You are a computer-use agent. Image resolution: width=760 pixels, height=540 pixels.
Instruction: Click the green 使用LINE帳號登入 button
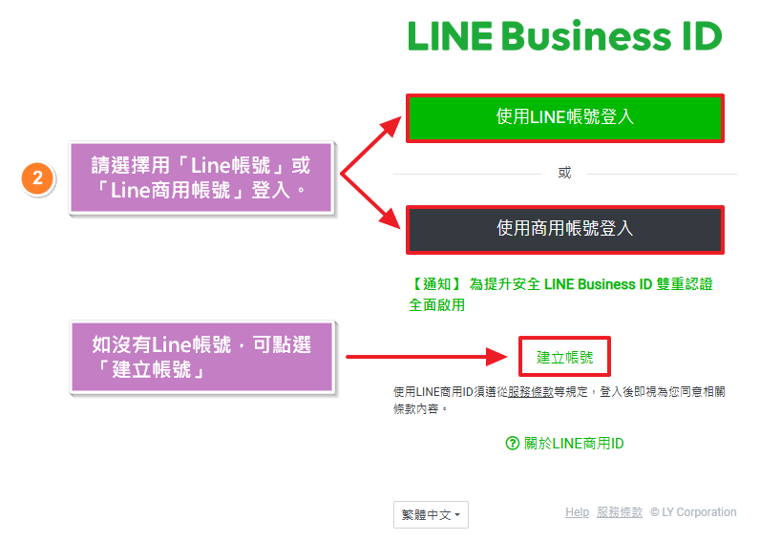pyautogui.click(x=565, y=117)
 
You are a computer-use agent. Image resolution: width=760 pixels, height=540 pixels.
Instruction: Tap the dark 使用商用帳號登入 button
pyautogui.click(x=565, y=229)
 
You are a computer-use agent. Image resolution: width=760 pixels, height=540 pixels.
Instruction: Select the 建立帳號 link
pyautogui.click(x=564, y=358)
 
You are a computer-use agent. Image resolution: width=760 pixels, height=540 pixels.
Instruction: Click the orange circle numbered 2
pyautogui.click(x=37, y=178)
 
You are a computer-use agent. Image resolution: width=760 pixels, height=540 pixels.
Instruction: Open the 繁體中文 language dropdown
pyautogui.click(x=431, y=515)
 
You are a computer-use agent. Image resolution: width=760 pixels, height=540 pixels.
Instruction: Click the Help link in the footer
pyautogui.click(x=577, y=512)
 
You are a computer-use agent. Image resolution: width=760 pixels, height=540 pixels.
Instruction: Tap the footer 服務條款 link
pyautogui.click(x=620, y=512)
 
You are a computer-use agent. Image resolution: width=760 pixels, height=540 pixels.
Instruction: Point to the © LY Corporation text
pyautogui.click(x=693, y=512)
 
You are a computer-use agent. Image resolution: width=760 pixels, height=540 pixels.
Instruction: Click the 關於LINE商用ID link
pyautogui.click(x=574, y=444)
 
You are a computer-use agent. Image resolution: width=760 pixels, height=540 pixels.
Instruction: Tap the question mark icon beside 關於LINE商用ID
pyautogui.click(x=513, y=444)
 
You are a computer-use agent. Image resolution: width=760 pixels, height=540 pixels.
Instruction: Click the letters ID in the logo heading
pyautogui.click(x=699, y=36)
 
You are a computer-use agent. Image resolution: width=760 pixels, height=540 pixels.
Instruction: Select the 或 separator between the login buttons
pyautogui.click(x=564, y=173)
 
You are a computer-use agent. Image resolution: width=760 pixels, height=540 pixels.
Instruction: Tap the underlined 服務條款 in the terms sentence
pyautogui.click(x=530, y=391)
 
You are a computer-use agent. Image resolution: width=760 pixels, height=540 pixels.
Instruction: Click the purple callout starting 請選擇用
pyautogui.click(x=201, y=177)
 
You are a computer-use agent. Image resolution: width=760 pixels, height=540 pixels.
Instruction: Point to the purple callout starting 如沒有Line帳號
pyautogui.click(x=201, y=357)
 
